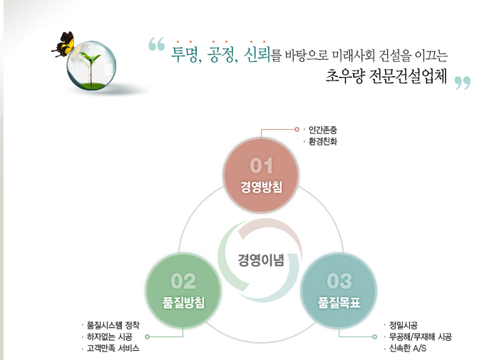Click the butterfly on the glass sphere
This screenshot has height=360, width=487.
pos(64,44)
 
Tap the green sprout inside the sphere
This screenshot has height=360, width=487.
pos(91,68)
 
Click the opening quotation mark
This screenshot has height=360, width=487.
pos(157,44)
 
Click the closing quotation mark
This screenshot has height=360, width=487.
pos(462,83)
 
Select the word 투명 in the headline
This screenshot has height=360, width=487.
pos(184,55)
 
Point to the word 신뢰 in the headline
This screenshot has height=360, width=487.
pos(257,55)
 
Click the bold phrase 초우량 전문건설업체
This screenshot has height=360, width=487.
pos(386,76)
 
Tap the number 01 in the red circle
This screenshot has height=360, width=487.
pos(261,165)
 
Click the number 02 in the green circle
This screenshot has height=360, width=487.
pos(183,281)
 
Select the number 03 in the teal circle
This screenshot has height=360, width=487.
pos(339,281)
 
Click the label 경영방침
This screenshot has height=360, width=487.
pos(262,187)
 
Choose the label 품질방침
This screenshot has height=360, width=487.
pos(183,302)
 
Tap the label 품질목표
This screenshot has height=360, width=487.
pos(339,302)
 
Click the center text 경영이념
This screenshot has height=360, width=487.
pos(261,260)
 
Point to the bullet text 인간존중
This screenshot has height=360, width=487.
pos(323,130)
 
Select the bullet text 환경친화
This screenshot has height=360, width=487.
pos(323,141)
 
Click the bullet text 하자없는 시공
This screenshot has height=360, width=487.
pos(110,336)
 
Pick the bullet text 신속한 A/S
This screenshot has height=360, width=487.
pos(408,348)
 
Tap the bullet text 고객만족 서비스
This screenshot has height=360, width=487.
pos(113,348)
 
